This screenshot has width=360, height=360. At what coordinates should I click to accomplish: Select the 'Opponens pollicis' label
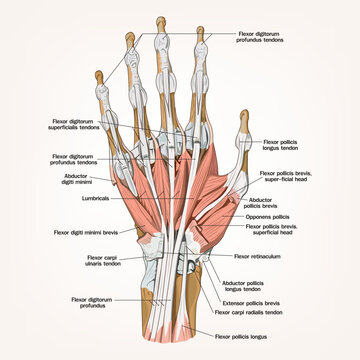coord(267,215)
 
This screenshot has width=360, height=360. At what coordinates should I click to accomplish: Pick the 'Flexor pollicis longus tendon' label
coord(286,147)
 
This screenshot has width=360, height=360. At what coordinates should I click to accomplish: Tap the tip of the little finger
coord(98,73)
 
